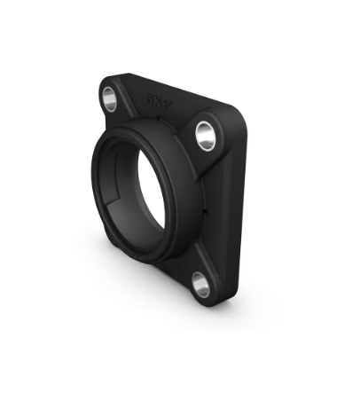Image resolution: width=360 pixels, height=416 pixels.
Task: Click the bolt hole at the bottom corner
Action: tap(200, 285)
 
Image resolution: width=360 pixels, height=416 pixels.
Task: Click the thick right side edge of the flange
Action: tap(232, 204)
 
